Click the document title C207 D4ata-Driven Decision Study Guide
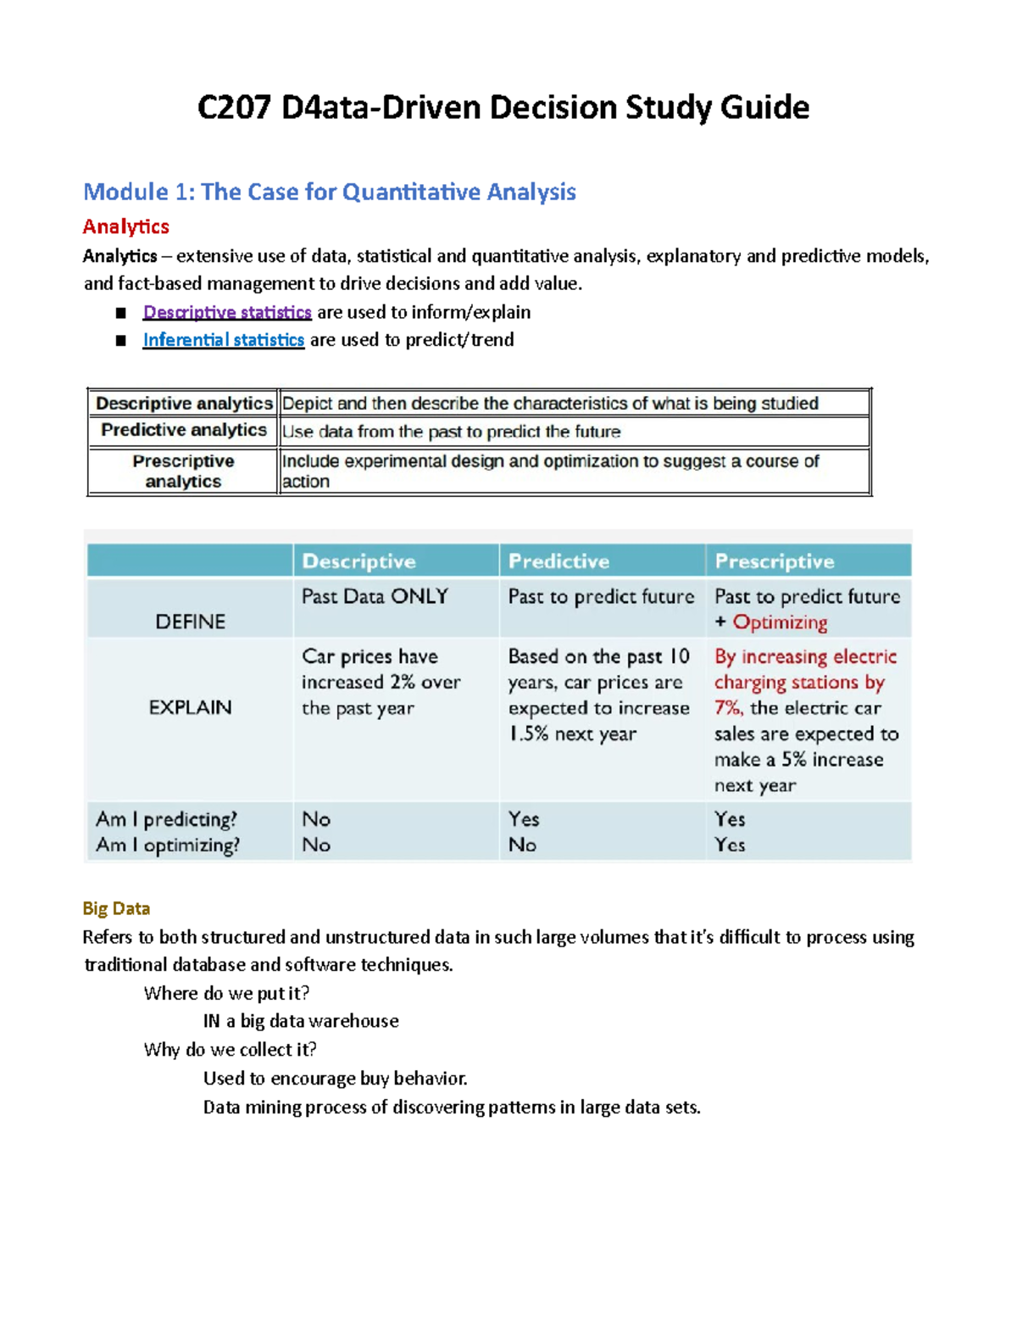(503, 108)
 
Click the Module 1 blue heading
(329, 192)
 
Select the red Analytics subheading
(125, 226)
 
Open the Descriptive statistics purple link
(227, 312)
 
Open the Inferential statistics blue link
(223, 340)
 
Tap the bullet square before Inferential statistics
(121, 341)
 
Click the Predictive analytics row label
(183, 430)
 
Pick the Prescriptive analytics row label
(183, 471)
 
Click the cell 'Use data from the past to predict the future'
(451, 432)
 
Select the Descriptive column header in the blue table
(358, 561)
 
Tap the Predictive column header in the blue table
(559, 561)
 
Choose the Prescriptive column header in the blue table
(774, 561)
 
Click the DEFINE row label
(190, 622)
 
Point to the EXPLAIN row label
(190, 707)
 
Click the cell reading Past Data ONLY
(375, 597)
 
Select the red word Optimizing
(780, 622)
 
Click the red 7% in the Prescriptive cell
(727, 708)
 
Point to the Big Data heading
(116, 908)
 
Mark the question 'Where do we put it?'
(226, 993)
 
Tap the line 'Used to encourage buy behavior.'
(335, 1079)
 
